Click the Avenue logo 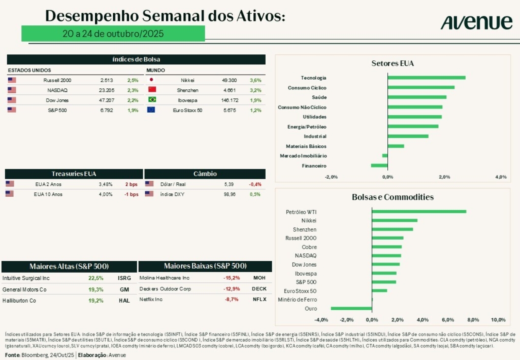click(476, 22)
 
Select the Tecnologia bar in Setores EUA click(427, 78)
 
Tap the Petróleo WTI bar click(419, 212)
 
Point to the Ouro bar click(351, 308)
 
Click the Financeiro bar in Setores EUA click(379, 166)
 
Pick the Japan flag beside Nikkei click(151, 80)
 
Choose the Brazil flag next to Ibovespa click(151, 100)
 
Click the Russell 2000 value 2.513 click(107, 80)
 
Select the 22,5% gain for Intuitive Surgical click(96, 278)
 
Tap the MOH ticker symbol click(259, 278)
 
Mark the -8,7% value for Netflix click(232, 300)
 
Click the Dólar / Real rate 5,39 click(229, 184)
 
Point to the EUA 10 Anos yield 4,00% click(105, 194)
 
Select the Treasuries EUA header click(74, 174)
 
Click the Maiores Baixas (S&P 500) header click(205, 266)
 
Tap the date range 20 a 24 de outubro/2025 click(113, 34)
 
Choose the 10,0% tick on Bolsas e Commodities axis click(498, 320)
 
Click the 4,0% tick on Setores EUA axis click(501, 177)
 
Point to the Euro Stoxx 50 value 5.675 click(229, 110)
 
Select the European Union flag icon click(151, 110)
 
